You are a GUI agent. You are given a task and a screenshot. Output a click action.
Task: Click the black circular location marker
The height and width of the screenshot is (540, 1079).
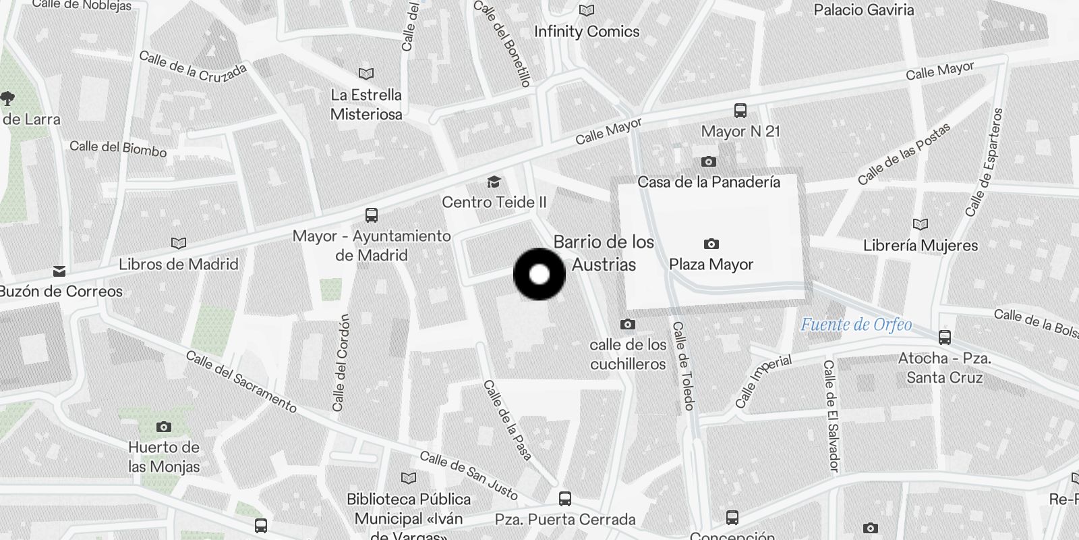[x=539, y=274]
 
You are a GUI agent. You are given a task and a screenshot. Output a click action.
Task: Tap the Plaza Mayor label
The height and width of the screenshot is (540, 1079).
[x=711, y=265]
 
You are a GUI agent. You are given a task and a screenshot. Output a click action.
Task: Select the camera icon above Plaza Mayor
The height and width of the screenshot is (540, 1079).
[x=711, y=244]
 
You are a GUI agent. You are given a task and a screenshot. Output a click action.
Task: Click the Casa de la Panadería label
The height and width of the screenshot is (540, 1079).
[x=708, y=182]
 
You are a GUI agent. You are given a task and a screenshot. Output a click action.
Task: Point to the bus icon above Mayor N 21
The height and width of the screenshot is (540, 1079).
[x=740, y=111]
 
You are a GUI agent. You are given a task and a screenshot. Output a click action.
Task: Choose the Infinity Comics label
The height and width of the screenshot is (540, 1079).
[x=587, y=32]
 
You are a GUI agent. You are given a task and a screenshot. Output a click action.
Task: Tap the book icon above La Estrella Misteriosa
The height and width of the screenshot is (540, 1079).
[x=366, y=74]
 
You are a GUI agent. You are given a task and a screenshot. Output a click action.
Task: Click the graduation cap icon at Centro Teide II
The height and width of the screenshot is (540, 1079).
[x=494, y=182]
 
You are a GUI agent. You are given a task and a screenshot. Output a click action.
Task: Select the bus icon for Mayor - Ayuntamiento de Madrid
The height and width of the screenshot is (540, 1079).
[x=371, y=215]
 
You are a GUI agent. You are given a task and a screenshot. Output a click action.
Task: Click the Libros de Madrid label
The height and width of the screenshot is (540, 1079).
[x=178, y=264]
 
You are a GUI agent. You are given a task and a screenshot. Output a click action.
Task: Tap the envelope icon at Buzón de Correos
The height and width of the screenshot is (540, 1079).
[x=59, y=271]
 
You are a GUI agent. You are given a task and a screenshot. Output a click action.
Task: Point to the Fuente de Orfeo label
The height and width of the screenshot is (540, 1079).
[x=856, y=325]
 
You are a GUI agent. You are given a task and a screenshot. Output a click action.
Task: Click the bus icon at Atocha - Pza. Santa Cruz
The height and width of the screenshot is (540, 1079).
[x=944, y=337]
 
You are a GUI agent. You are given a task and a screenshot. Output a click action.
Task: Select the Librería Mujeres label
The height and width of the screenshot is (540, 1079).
[x=921, y=245]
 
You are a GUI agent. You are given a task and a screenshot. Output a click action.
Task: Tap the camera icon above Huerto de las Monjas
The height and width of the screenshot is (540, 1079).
[x=163, y=427]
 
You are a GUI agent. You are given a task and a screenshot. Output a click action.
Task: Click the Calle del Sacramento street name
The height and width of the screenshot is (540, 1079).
[x=241, y=381]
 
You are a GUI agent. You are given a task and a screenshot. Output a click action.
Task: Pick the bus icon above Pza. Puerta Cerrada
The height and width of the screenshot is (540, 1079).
[x=565, y=499]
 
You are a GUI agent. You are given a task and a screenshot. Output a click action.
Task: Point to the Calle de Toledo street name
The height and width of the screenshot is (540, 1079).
[x=683, y=365]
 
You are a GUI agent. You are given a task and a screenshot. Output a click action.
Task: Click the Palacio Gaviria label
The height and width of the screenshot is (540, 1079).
[x=863, y=10]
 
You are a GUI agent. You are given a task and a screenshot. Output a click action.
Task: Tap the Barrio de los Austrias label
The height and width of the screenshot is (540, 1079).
[x=604, y=253]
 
